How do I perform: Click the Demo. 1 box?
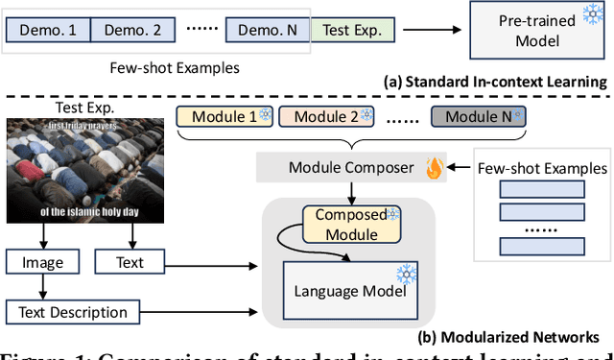(48, 29)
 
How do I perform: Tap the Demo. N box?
(267, 29)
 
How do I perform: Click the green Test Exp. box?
(353, 29)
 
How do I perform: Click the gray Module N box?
(477, 117)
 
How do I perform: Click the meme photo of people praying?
(84, 169)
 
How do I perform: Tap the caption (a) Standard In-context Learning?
(496, 82)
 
